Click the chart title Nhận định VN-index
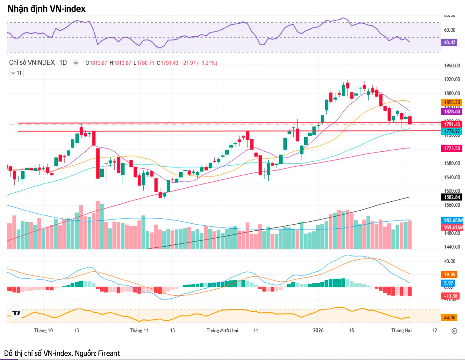[x=46, y=9]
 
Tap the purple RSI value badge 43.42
[x=449, y=42]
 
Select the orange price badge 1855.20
[x=452, y=102]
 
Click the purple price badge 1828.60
[x=452, y=112]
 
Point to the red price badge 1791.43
[x=452, y=124]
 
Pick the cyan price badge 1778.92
[x=452, y=131]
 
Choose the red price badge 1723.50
[x=452, y=148]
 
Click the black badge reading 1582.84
[x=452, y=197]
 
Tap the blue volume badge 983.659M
[x=453, y=220]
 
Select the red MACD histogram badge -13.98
[x=450, y=296]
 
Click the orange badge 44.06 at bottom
[x=449, y=317]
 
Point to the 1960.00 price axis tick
[x=452, y=66]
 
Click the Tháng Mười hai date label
[x=222, y=330]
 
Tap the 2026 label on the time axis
[x=318, y=330]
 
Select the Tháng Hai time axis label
[x=401, y=330]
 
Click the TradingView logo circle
[x=16, y=313]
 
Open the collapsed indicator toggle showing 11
[x=16, y=73]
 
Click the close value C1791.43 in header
[x=168, y=63]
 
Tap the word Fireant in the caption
[x=109, y=353]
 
